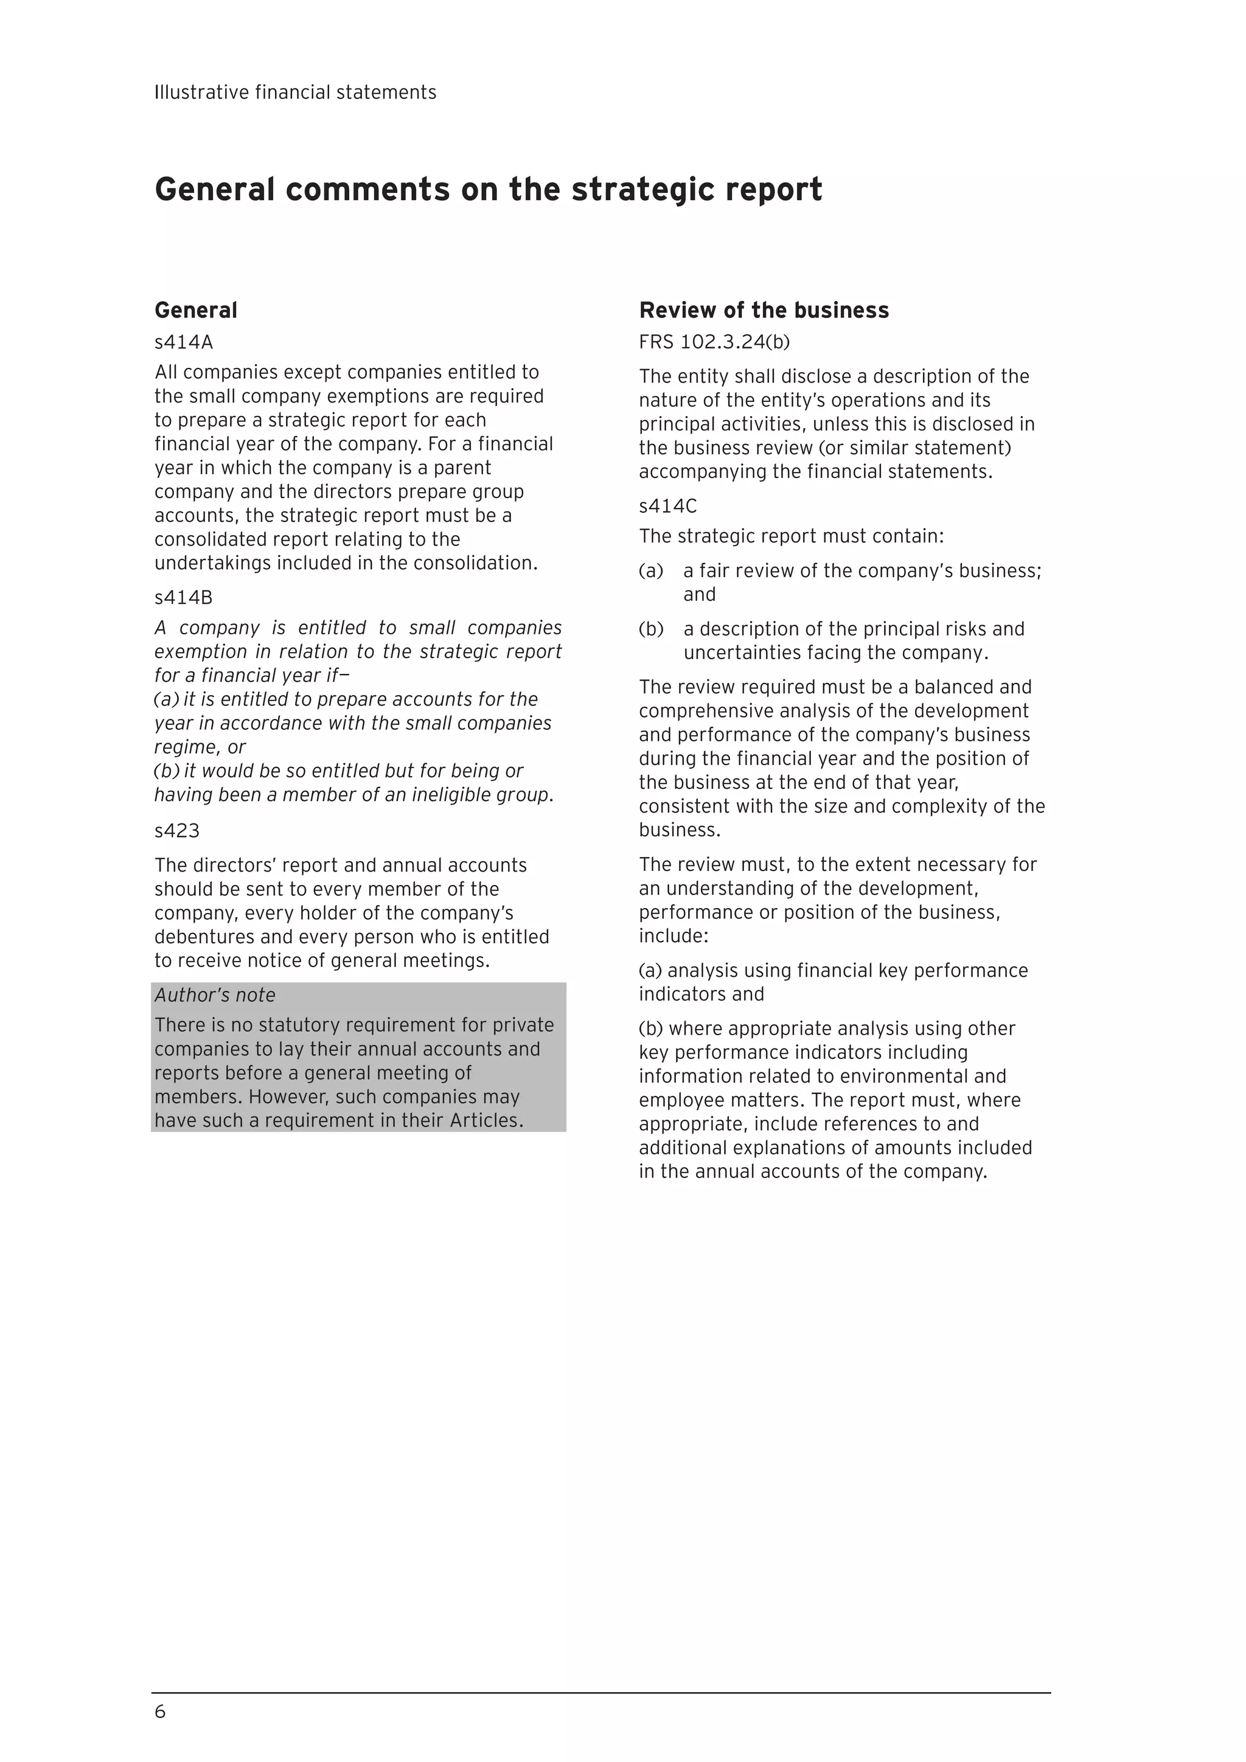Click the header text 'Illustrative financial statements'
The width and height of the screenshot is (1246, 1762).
295,93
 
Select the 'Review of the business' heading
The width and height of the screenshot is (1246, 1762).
764,310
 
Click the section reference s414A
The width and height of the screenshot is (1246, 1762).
184,342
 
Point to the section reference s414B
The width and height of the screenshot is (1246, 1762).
184,597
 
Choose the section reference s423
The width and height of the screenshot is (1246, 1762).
176,831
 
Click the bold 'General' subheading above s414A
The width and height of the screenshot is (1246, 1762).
196,310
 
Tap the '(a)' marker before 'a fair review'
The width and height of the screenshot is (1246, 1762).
650,571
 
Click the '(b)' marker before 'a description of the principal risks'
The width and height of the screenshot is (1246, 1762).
651,630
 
